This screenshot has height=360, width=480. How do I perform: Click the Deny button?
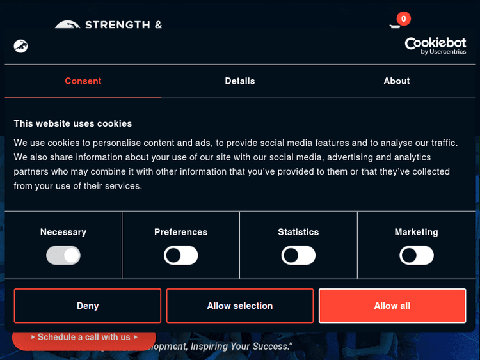pyautogui.click(x=88, y=306)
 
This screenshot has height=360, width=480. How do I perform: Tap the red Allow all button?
pyautogui.click(x=392, y=306)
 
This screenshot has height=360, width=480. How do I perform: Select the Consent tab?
pyautogui.click(x=83, y=81)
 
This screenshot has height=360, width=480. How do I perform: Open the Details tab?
pyautogui.click(x=240, y=81)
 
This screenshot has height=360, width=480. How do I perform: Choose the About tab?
pyautogui.click(x=397, y=81)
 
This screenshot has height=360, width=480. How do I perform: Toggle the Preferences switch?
pyautogui.click(x=181, y=256)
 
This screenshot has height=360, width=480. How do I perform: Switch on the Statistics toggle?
pyautogui.click(x=299, y=256)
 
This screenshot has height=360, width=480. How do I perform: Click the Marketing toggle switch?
pyautogui.click(x=417, y=256)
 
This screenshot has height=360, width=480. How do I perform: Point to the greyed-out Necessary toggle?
pyautogui.click(x=63, y=256)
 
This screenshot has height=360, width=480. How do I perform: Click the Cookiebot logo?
pyautogui.click(x=435, y=45)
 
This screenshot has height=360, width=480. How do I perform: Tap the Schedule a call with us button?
pyautogui.click(x=84, y=337)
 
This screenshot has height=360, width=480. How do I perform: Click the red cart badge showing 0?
pyautogui.click(x=403, y=19)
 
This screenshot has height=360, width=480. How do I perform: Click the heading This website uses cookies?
pyautogui.click(x=73, y=123)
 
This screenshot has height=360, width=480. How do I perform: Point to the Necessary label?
pyautogui.click(x=63, y=232)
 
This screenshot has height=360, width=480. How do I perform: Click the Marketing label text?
pyautogui.click(x=417, y=232)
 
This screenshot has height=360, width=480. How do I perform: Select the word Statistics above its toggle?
pyautogui.click(x=298, y=232)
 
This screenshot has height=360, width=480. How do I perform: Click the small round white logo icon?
pyautogui.click(x=20, y=46)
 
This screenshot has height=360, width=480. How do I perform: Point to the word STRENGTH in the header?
pyautogui.click(x=118, y=26)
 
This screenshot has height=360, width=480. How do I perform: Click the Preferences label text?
pyautogui.click(x=181, y=232)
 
